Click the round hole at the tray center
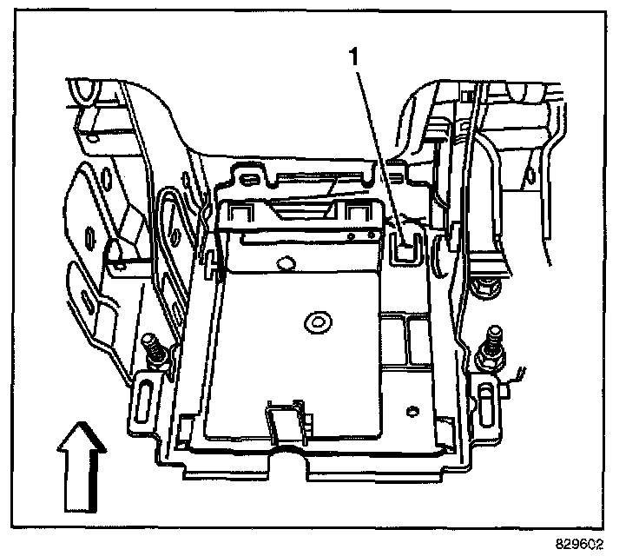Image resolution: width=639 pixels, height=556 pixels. pos(313,323)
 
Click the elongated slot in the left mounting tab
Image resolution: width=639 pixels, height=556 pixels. pos(142,403)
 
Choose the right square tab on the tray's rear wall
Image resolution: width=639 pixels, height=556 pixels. pos(354,214)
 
